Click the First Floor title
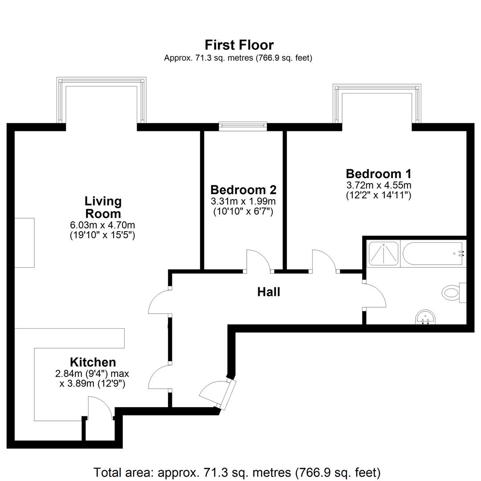pyautogui.click(x=239, y=45)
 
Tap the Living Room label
pyautogui.click(x=103, y=208)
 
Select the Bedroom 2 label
pyautogui.click(x=243, y=190)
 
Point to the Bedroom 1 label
pyautogui.click(x=379, y=174)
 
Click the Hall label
pyautogui.click(x=269, y=292)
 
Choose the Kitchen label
pyautogui.click(x=93, y=362)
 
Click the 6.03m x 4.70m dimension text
pyautogui.click(x=102, y=225)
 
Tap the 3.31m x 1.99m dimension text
pyautogui.click(x=243, y=202)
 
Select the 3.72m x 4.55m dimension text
pyautogui.click(x=379, y=185)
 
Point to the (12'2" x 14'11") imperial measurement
pyautogui.click(x=379, y=196)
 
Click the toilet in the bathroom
pyautogui.click(x=454, y=292)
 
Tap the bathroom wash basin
pyautogui.click(x=425, y=317)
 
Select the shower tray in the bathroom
pyautogui.click(x=383, y=253)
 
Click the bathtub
pyautogui.click(x=432, y=253)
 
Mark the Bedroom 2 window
pyautogui.click(x=243, y=126)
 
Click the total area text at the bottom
pyautogui.click(x=237, y=473)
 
